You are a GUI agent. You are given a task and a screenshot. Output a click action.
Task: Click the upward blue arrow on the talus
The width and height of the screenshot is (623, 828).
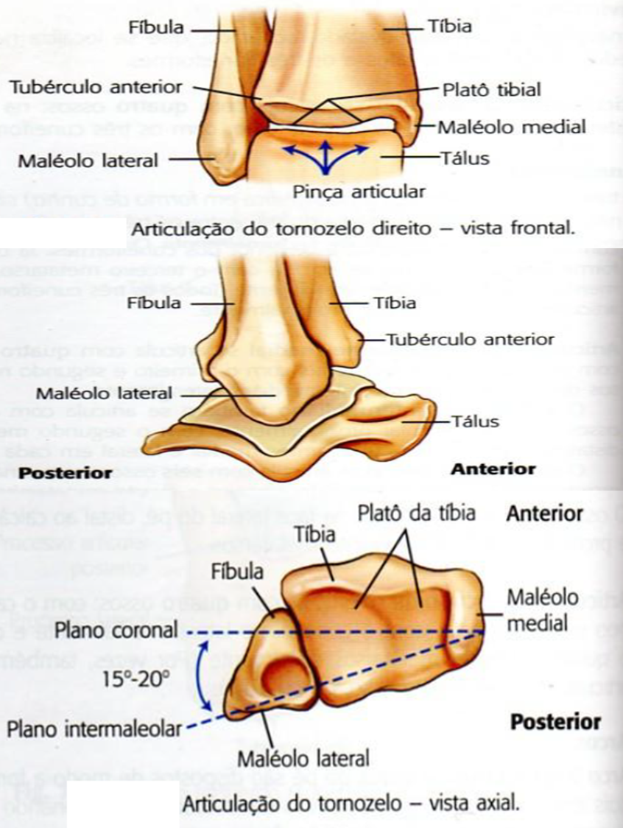(322, 157)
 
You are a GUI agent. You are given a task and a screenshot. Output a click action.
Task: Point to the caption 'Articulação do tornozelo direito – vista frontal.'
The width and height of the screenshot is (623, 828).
(352, 229)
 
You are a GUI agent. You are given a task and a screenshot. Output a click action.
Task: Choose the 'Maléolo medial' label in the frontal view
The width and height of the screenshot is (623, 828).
(511, 126)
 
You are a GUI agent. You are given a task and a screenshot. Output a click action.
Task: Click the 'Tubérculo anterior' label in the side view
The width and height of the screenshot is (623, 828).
(470, 340)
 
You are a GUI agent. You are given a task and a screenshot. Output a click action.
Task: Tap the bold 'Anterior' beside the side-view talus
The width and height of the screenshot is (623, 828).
(493, 469)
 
